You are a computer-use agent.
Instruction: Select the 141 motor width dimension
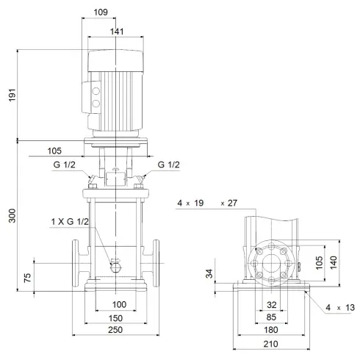[x=116, y=32]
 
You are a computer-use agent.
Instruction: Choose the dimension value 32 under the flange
[x=272, y=304]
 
